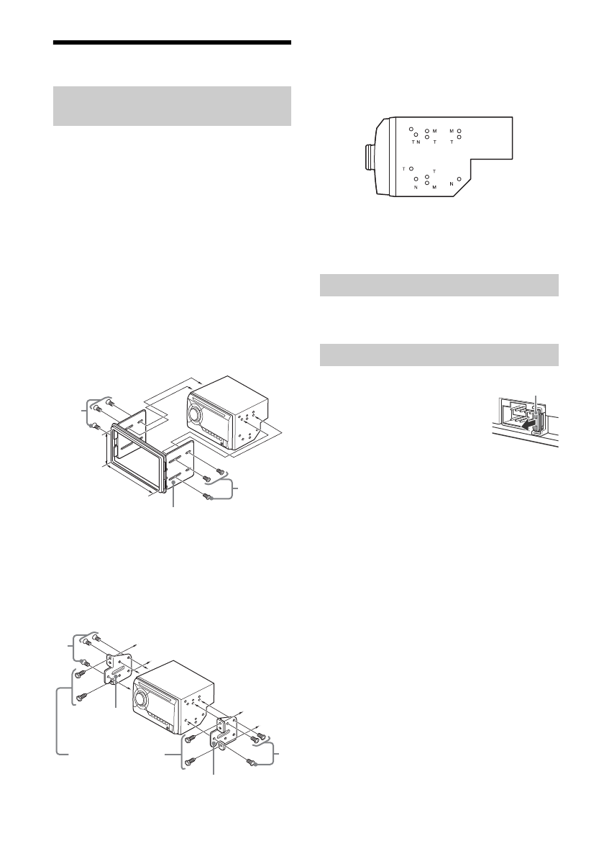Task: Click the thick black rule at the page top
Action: click(x=173, y=43)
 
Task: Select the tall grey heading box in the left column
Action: click(x=173, y=106)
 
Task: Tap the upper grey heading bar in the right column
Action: click(x=439, y=285)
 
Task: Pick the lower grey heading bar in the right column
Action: click(x=439, y=355)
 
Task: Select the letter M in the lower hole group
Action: click(x=435, y=186)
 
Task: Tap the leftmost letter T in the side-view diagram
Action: click(x=404, y=169)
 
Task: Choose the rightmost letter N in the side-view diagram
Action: click(x=452, y=183)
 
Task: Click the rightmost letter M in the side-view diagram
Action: click(x=452, y=131)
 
